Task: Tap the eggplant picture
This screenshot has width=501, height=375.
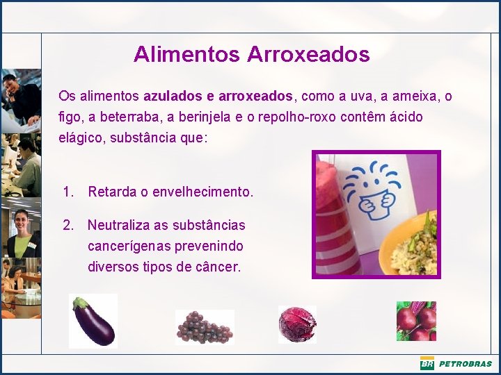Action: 93,321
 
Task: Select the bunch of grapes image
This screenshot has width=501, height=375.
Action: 205,326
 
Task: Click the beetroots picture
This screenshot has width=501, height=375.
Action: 416,321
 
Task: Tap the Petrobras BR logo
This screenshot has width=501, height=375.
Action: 427,363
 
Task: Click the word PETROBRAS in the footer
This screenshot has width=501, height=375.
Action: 465,364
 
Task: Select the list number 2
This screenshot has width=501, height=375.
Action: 67,225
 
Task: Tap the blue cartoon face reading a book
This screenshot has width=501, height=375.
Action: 378,191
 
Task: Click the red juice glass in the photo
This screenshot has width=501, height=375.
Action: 338,215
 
